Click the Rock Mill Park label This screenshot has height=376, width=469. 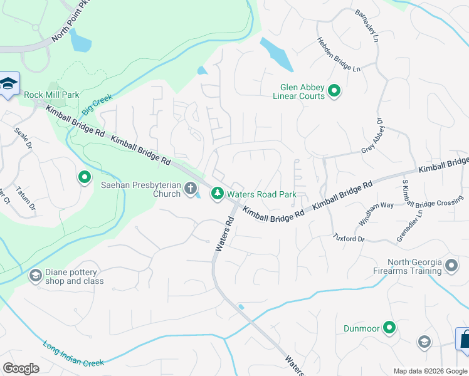(x=51, y=95)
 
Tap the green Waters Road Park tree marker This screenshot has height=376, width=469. (x=217, y=194)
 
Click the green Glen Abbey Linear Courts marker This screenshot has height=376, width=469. (x=335, y=91)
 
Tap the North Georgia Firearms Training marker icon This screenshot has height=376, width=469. (x=451, y=267)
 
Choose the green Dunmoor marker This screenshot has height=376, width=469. (x=389, y=328)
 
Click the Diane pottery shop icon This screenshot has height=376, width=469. (x=36, y=276)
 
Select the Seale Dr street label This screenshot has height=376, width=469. (x=23, y=138)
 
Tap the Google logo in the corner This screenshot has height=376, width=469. (x=21, y=368)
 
